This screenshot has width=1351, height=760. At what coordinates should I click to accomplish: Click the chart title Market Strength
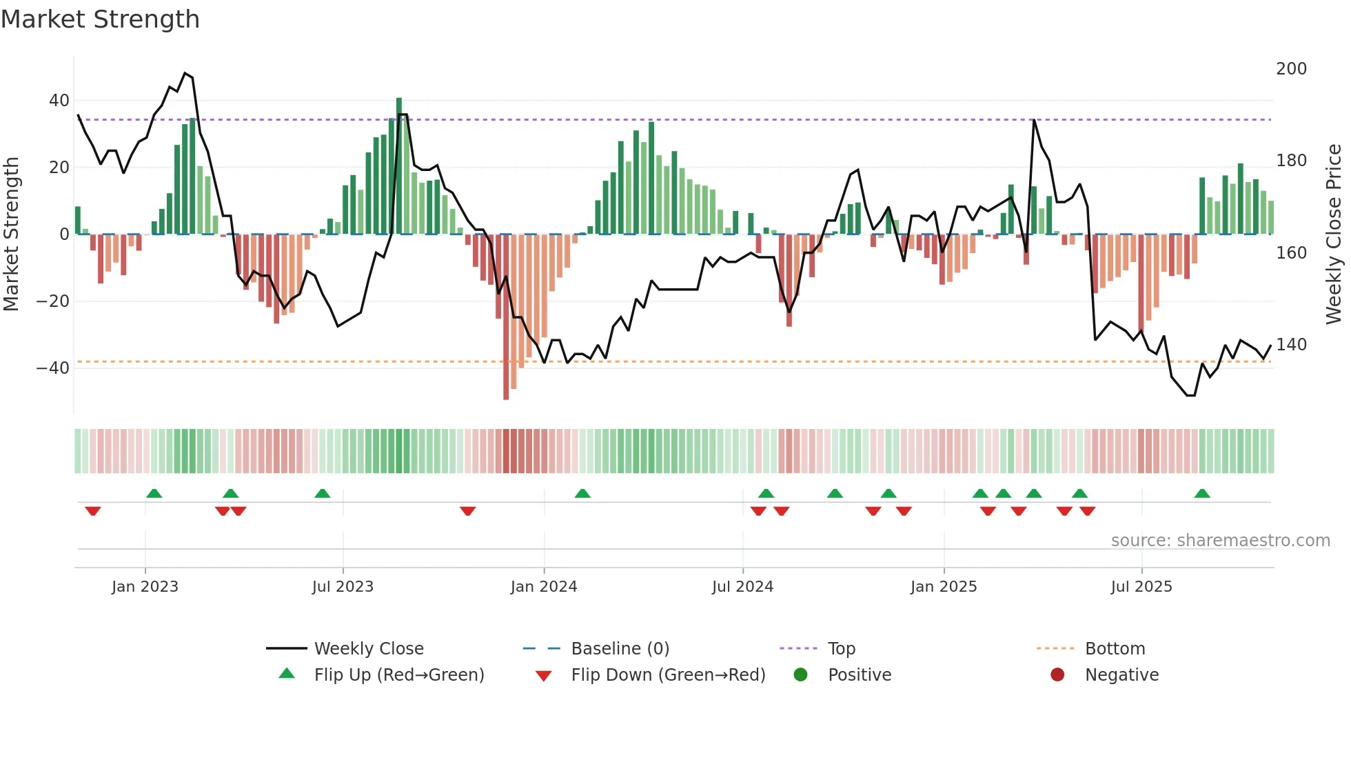coord(100,19)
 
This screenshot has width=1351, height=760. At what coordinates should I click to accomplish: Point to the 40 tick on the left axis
coord(59,101)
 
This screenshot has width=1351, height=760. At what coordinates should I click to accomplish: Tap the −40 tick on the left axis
coord(53,368)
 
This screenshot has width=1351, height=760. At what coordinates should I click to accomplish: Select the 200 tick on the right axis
coord(1291,69)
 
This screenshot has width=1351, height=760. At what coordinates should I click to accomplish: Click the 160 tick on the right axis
coord(1291,253)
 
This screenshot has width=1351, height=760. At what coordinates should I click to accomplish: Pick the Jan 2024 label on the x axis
coord(543,587)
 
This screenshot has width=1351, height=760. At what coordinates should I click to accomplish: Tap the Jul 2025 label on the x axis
coord(1141,587)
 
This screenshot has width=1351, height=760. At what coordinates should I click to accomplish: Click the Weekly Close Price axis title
coord(1334,234)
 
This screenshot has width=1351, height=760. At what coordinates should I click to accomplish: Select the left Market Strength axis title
coord(11,234)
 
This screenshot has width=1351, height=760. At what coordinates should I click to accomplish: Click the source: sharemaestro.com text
coord(1220,541)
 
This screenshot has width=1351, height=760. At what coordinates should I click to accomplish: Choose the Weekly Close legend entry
coord(368,649)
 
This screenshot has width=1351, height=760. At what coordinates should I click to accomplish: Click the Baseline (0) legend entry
coord(620,649)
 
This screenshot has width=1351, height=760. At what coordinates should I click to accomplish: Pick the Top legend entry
coord(841,649)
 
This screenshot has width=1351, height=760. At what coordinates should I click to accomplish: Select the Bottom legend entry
coord(1115,649)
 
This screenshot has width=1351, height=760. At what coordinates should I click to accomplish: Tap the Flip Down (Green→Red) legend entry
coord(667,675)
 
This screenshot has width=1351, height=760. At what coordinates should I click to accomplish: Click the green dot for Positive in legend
coord(800,675)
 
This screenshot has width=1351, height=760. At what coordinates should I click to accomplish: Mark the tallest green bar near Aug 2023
coord(399,166)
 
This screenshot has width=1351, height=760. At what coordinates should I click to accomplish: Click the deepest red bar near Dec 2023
coord(506,317)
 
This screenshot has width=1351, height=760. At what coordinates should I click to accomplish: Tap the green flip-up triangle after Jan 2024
coord(582,493)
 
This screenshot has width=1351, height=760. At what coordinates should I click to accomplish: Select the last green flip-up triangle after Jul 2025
coord(1202,493)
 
